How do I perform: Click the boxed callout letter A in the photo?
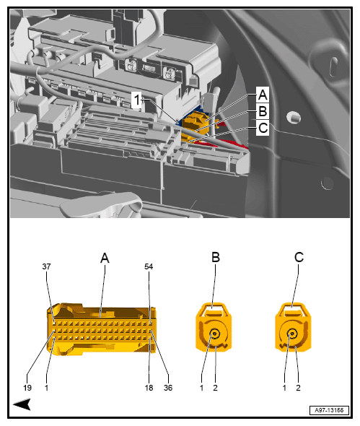[x=263, y=95]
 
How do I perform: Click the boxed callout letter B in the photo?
[x=263, y=112]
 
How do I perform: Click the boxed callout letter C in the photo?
[x=263, y=129]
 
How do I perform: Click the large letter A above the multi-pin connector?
[x=105, y=257]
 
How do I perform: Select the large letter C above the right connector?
[x=299, y=257]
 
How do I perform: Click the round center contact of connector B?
[x=215, y=334]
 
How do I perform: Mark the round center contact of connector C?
[x=293, y=334]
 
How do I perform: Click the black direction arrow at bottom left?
[x=21, y=404]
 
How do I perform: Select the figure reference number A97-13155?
[x=329, y=409]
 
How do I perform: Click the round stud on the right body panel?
[x=293, y=116]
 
